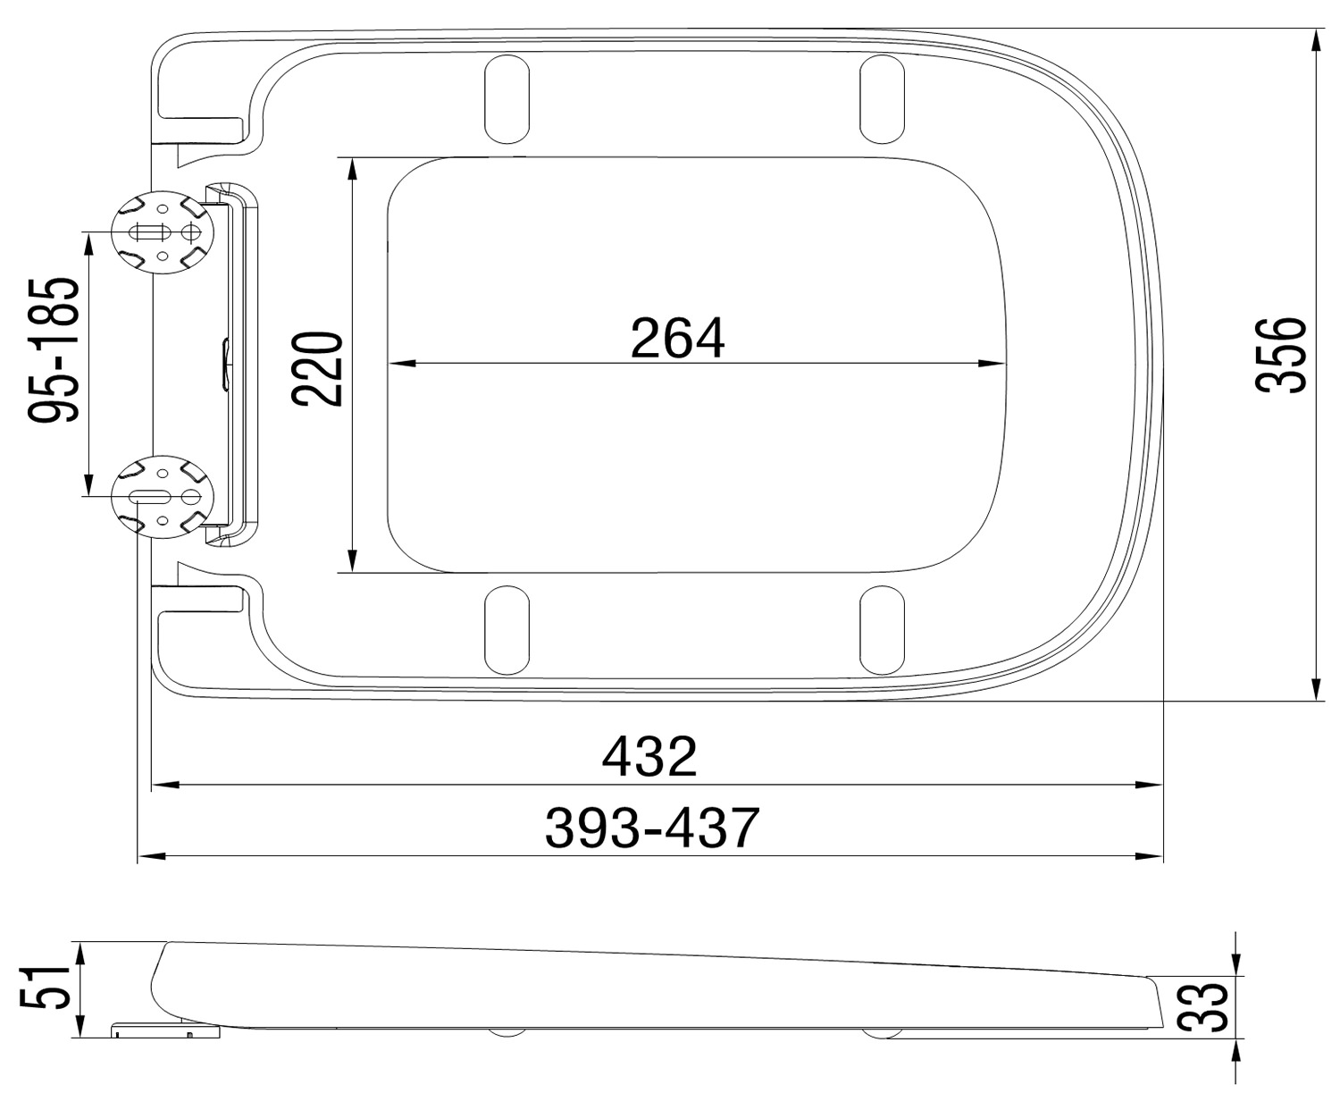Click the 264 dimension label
(x=677, y=339)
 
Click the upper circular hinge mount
(x=163, y=232)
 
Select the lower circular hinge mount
(x=163, y=497)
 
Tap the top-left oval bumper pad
(x=507, y=98)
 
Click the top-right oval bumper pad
(x=880, y=98)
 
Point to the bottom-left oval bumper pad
(x=507, y=628)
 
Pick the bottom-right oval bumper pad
(x=882, y=628)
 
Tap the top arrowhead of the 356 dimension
(x=1317, y=41)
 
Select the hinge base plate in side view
(x=165, y=1031)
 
